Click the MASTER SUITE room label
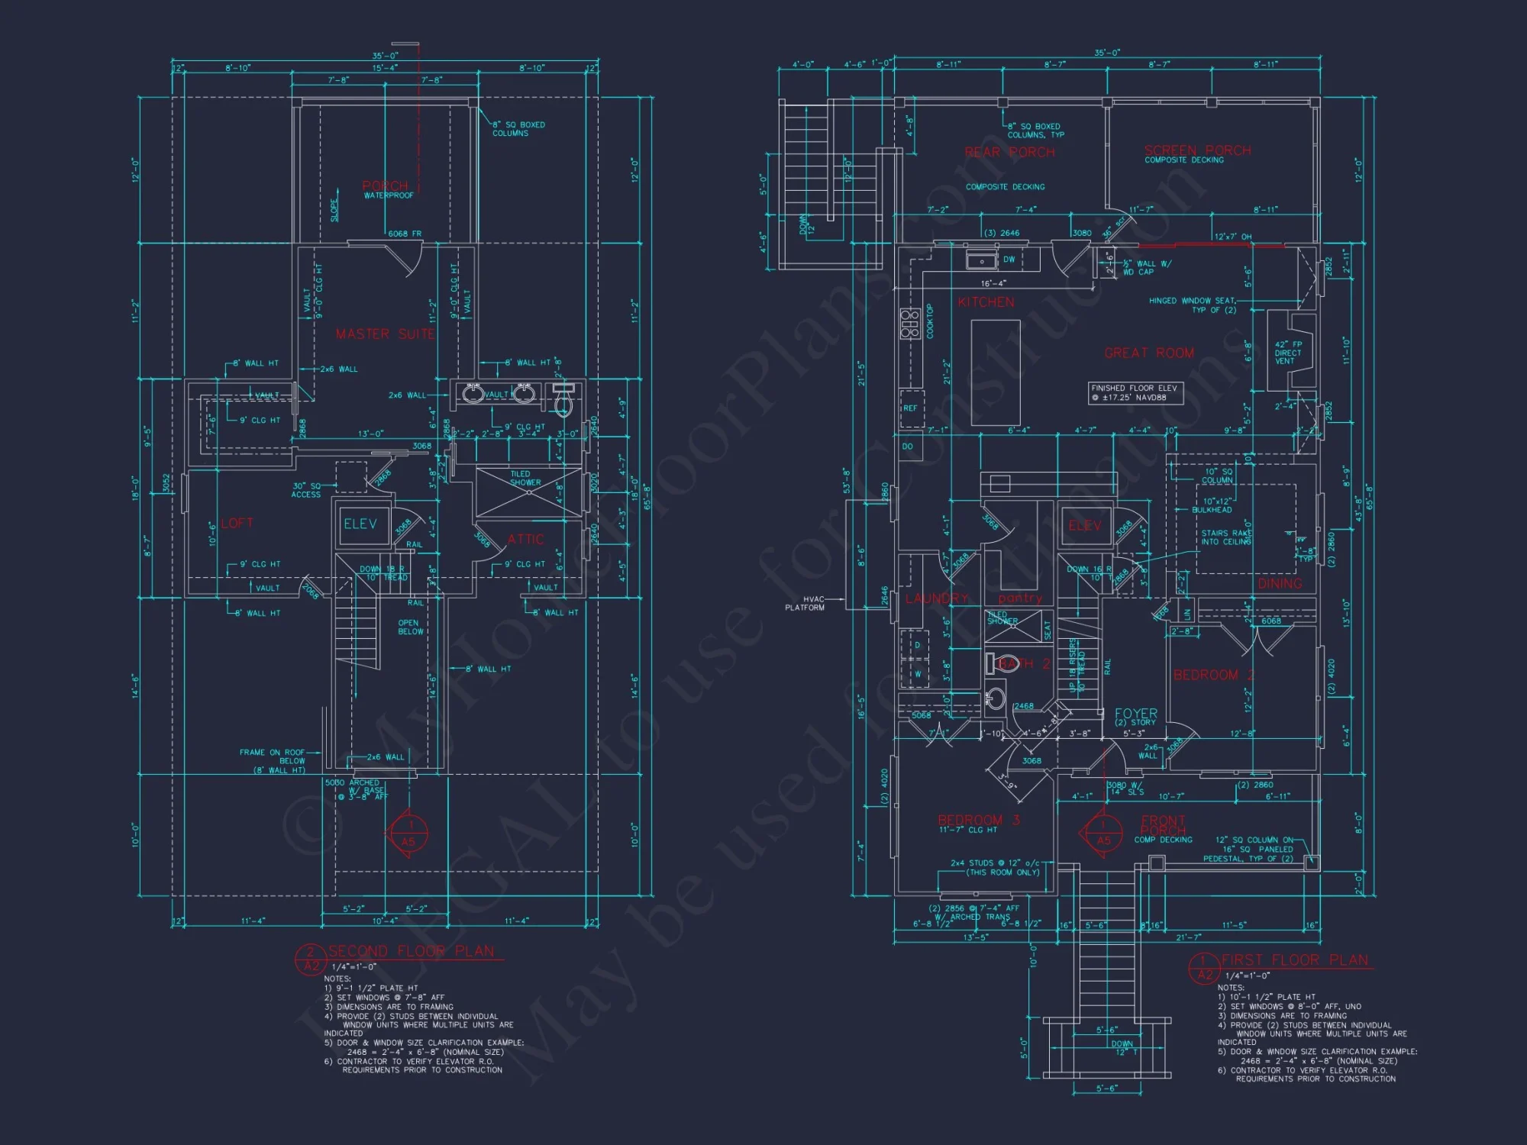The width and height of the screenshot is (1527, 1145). click(x=385, y=334)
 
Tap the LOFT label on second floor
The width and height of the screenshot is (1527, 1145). click(x=237, y=523)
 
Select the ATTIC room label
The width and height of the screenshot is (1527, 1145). click(x=526, y=539)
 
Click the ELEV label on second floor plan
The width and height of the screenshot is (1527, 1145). click(x=360, y=524)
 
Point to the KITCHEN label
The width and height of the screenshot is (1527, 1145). click(x=986, y=302)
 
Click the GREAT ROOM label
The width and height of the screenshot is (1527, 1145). click(x=1148, y=353)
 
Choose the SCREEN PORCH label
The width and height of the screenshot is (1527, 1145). click(x=1197, y=150)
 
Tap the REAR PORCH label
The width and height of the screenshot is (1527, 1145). click(x=1009, y=152)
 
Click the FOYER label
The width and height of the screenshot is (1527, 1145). click(x=1135, y=714)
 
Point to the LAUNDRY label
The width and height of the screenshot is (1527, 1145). click(x=936, y=598)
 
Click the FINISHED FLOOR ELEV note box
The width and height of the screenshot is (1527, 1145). click(x=1135, y=392)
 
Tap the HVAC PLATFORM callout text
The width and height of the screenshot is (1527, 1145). click(x=805, y=604)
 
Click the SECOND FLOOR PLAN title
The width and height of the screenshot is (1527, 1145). click(x=411, y=951)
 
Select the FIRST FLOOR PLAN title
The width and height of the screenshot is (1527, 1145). click(x=1294, y=960)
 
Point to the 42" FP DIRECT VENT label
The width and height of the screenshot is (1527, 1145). click(x=1288, y=353)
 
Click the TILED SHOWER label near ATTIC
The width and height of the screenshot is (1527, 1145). click(x=525, y=479)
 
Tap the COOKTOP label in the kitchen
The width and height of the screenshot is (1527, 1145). click(x=930, y=321)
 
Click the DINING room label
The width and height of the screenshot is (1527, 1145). click(x=1280, y=583)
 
